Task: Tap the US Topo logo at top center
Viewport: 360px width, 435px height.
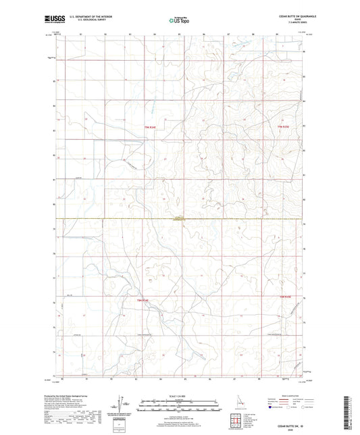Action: click(x=179, y=21)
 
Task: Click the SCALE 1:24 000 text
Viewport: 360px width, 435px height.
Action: click(x=179, y=394)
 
